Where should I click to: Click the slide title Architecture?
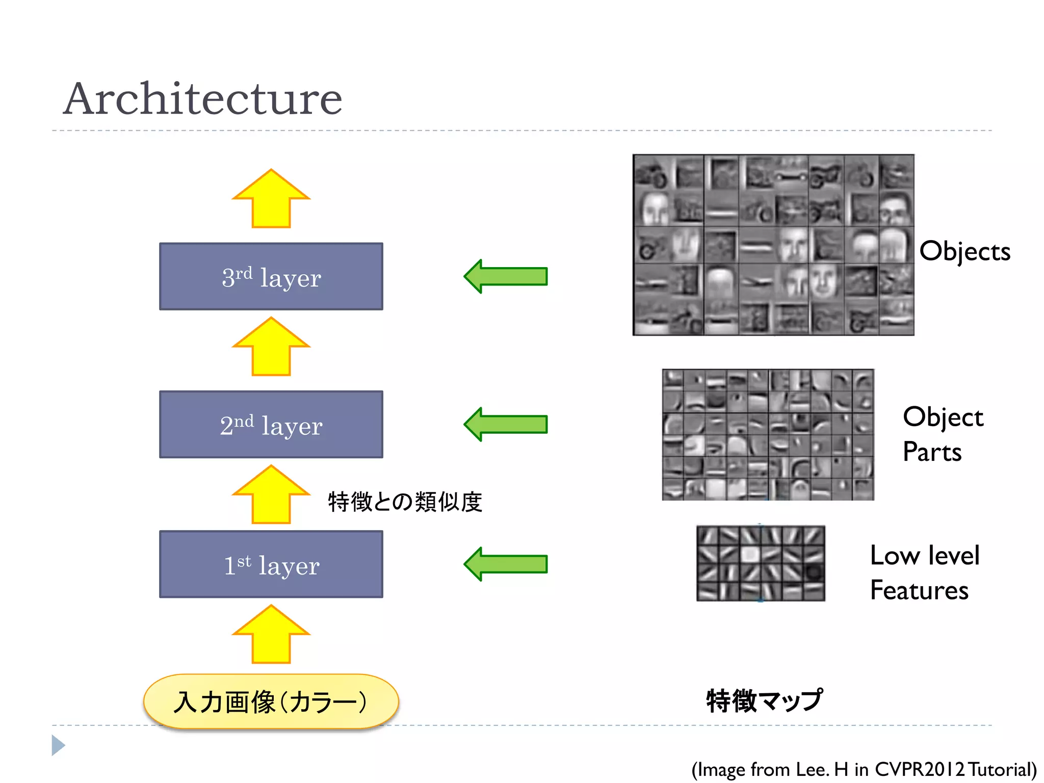202,99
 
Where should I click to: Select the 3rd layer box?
271,276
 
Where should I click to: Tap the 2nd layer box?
271,424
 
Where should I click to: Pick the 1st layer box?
271,564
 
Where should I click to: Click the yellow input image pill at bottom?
271,701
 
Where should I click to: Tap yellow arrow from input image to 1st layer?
271,635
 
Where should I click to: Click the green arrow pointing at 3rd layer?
506,276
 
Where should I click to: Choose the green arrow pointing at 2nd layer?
506,424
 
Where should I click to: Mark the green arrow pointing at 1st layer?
506,564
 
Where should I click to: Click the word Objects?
964,251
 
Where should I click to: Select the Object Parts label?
942,434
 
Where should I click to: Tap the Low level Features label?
924,572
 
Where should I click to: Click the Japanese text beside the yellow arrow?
405,502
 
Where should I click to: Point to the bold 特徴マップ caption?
764,700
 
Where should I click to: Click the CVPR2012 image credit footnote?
864,769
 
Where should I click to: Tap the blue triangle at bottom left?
58,745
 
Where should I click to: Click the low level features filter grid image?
761,564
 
